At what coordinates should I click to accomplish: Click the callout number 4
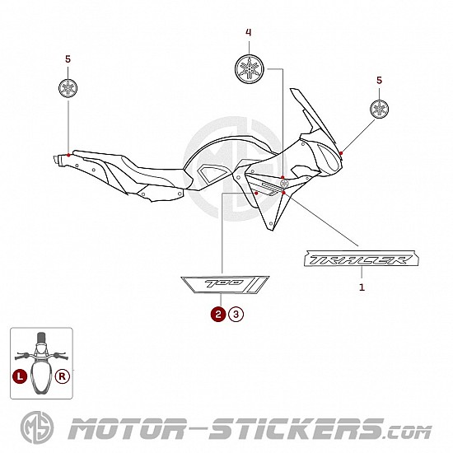(249, 32)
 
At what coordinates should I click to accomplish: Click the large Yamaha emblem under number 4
(250, 68)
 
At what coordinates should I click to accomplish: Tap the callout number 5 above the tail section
(68, 59)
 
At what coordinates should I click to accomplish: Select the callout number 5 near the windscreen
(380, 81)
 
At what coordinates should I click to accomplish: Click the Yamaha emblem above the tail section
(68, 88)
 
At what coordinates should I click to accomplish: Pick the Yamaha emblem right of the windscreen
(379, 109)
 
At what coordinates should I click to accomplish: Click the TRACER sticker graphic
(361, 259)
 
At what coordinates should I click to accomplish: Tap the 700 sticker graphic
(225, 285)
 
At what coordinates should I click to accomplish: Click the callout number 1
(362, 287)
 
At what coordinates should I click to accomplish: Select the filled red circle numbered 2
(218, 314)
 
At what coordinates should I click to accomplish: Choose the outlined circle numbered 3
(236, 314)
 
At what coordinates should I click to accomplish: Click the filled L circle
(20, 376)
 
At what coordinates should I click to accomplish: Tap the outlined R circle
(63, 376)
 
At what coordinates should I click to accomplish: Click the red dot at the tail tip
(68, 155)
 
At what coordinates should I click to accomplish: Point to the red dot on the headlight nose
(341, 153)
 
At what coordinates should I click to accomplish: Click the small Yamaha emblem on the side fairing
(284, 183)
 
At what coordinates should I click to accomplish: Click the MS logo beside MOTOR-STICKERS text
(37, 427)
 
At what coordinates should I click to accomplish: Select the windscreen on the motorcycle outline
(314, 115)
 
